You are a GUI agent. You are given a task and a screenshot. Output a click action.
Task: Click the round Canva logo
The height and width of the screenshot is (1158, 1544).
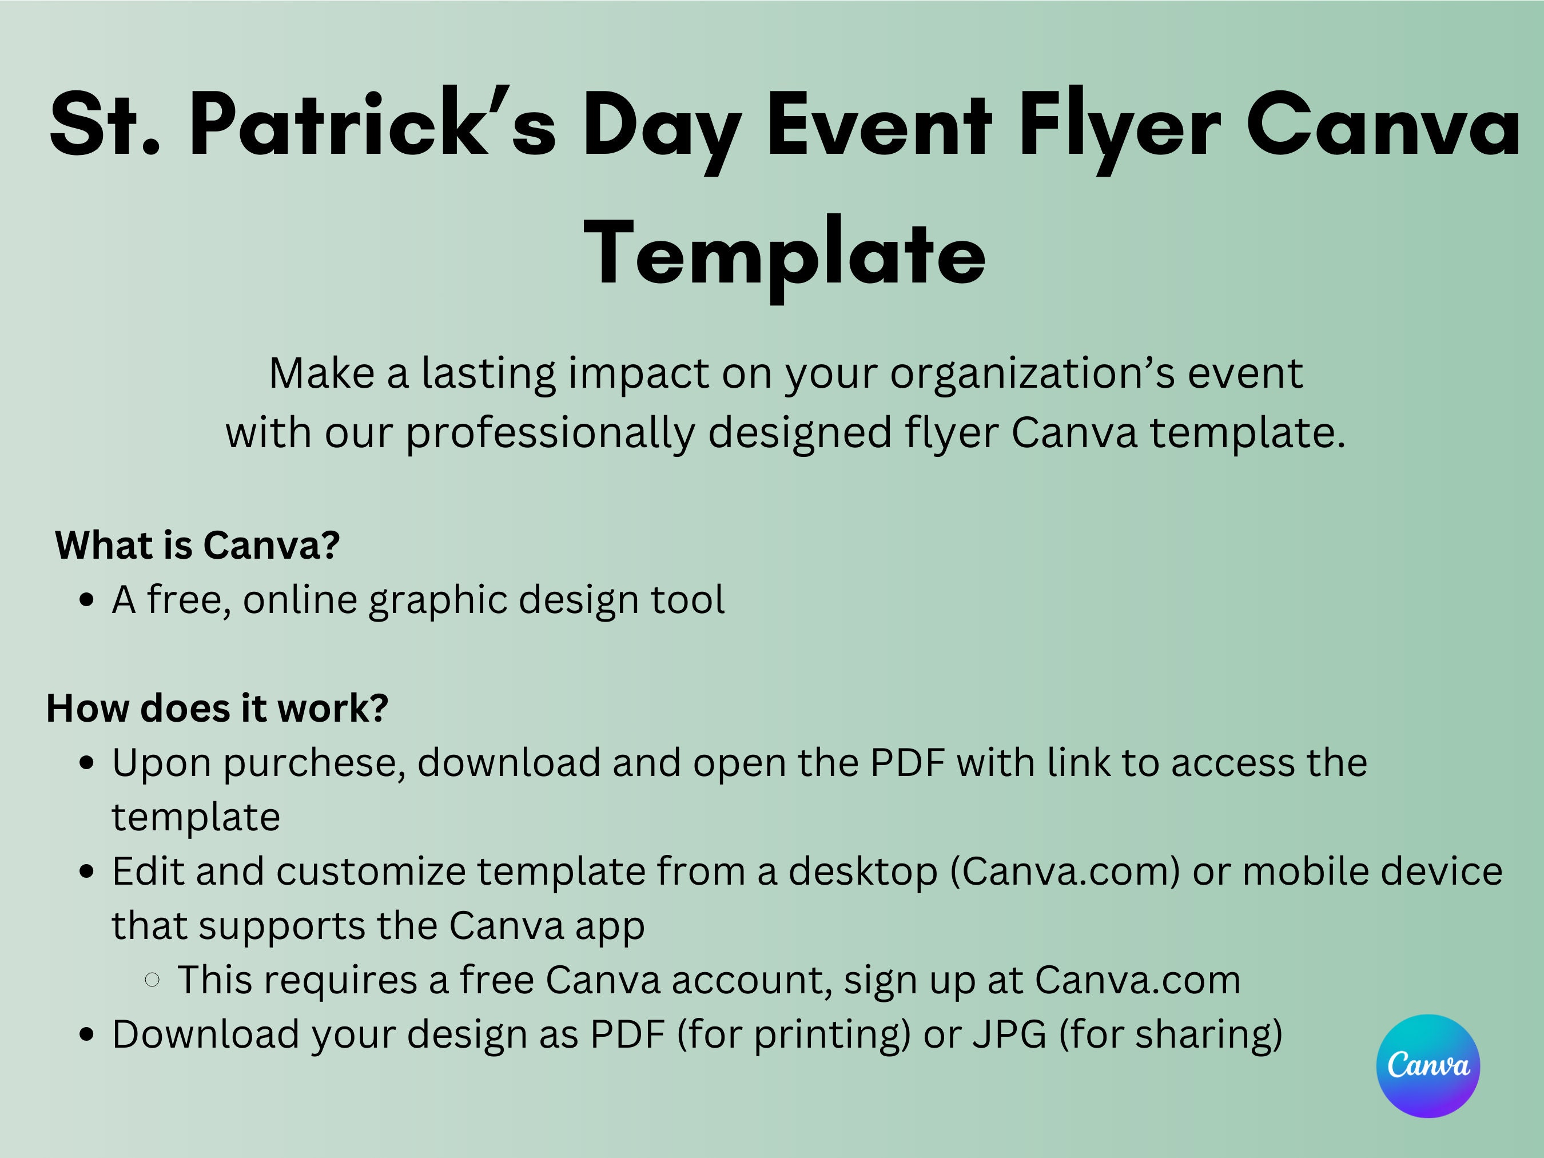click(1427, 1065)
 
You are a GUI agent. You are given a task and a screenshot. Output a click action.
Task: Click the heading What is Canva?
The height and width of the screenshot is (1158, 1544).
click(197, 545)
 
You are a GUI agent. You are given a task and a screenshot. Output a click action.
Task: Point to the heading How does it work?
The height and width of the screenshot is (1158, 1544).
click(217, 708)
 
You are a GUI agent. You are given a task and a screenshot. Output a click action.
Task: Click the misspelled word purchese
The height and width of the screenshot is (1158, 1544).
click(315, 763)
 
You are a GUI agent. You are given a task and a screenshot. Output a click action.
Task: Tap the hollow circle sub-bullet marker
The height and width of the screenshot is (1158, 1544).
click(152, 980)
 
